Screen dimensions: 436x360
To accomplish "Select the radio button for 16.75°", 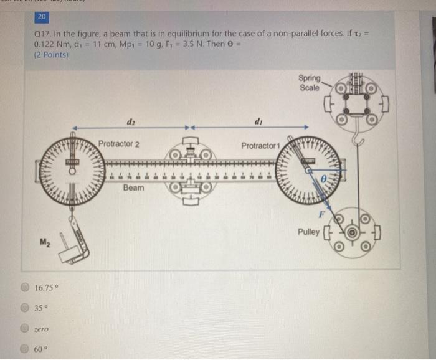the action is [x=24, y=288].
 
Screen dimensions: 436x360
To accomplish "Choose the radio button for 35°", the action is [x=24, y=307].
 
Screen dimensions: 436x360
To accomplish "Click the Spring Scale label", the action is [x=310, y=83].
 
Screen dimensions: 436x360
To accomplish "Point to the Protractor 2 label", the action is [x=118, y=144].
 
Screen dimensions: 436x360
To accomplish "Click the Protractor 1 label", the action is [x=262, y=145].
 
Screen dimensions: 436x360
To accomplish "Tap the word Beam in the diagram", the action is [x=133, y=187].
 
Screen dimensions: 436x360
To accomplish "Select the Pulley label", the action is [x=309, y=233].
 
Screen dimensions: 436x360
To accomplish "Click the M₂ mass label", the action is [x=45, y=242].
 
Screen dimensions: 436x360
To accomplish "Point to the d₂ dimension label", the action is [x=131, y=122].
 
